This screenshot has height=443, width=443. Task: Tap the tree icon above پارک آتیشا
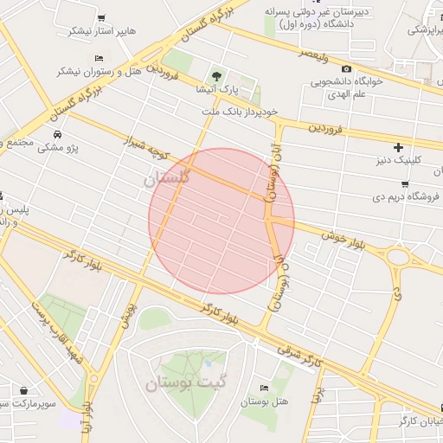(x=217, y=76)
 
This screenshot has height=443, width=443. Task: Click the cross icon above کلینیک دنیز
(x=398, y=147)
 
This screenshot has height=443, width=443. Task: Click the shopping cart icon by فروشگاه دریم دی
(x=404, y=183)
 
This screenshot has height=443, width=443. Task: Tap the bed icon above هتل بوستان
(x=265, y=388)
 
